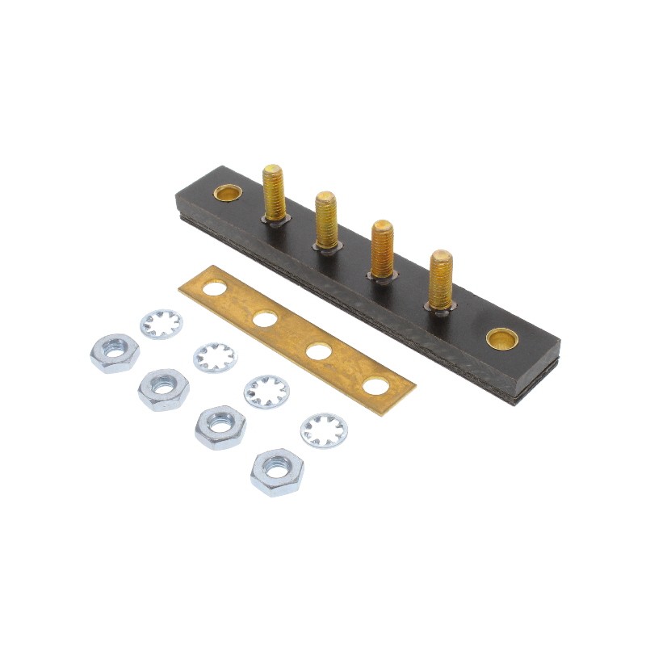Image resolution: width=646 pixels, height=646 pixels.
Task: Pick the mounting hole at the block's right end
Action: point(501,337)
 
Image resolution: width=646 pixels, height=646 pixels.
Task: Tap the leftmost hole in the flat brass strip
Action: point(214,287)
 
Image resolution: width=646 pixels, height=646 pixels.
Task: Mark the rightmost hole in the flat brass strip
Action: point(375,386)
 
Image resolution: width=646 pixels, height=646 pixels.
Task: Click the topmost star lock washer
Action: point(161,324)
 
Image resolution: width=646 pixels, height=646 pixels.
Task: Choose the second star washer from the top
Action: point(214,356)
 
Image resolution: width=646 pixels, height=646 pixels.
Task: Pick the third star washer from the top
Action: point(266,391)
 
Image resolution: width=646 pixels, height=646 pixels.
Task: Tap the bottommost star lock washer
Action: point(324,430)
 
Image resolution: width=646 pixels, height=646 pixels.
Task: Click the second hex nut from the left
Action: point(164,389)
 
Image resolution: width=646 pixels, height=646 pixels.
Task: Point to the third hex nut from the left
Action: point(220,426)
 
